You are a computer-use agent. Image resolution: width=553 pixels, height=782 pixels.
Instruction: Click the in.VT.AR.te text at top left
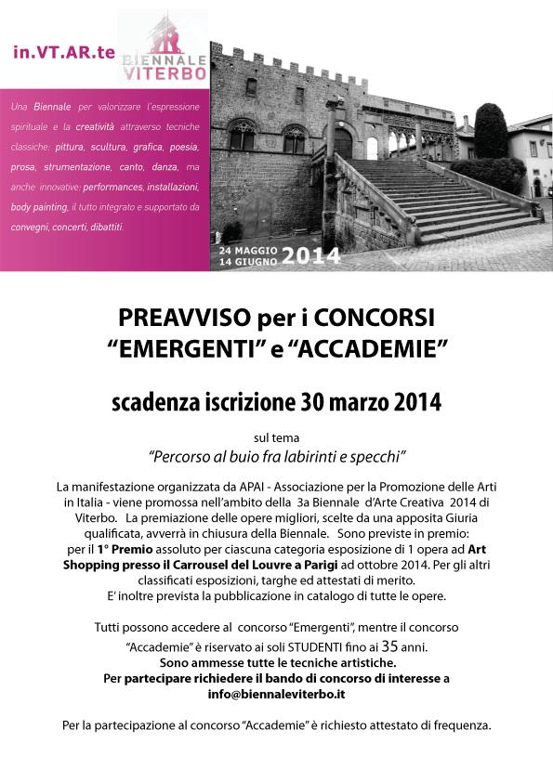point(64,52)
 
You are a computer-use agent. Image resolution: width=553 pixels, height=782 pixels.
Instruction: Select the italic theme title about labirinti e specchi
point(276,457)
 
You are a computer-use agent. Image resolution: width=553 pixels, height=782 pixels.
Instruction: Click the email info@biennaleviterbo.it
point(276,692)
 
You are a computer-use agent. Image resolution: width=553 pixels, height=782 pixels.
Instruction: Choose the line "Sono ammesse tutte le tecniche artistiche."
point(276,663)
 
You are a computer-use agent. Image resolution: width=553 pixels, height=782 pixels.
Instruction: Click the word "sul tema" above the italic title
point(276,437)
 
